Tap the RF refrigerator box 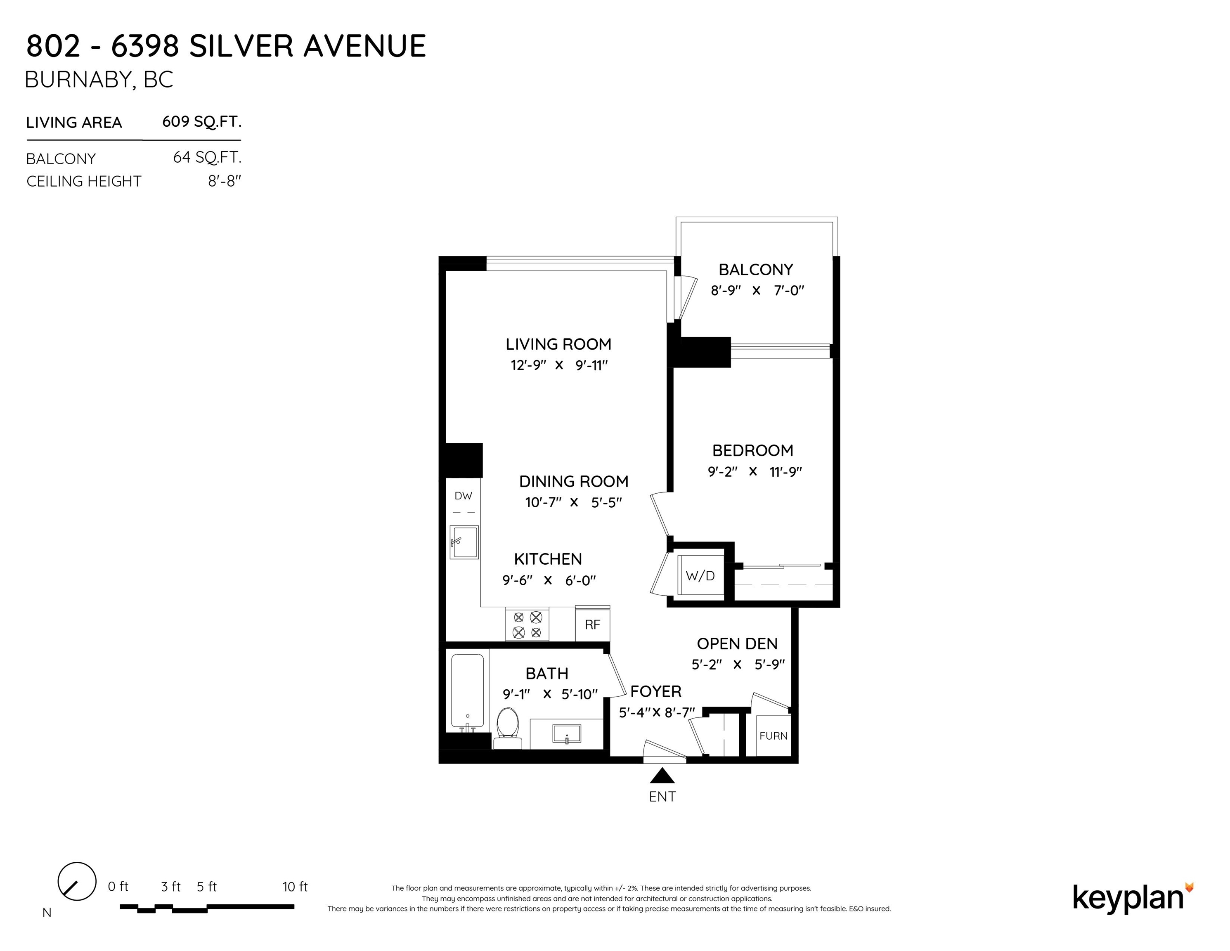coord(592,623)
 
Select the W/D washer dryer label coord(700,575)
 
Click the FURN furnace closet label coord(773,736)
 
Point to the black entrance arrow coord(662,776)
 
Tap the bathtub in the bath coord(468,691)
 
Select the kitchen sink coord(464,542)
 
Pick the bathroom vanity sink coord(567,733)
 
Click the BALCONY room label coord(756,270)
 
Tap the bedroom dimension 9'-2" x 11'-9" coord(755,472)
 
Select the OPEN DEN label coord(737,643)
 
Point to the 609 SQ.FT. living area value coord(201,122)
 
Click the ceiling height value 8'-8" coord(224,181)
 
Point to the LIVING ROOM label coord(558,344)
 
